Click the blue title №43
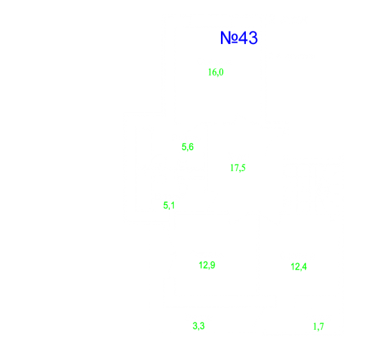pos(239,38)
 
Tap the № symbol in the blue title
pos(229,38)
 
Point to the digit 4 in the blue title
pos(243,38)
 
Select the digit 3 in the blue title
pos(253,38)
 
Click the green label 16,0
pos(216,72)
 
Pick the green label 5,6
pos(188,147)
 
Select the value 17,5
pos(238,168)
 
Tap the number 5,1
pos(169,205)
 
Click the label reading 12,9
pos(207,266)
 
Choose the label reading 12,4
pos(298,267)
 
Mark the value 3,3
pos(199,326)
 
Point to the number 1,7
pos(319,327)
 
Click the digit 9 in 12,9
pos(212,265)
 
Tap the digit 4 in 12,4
pos(304,266)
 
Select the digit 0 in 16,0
pos(221,72)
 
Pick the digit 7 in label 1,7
pos(322,327)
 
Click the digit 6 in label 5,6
pos(191,146)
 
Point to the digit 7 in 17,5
pos(236,167)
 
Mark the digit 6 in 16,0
pos(214,72)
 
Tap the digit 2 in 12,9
pos(205,265)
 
